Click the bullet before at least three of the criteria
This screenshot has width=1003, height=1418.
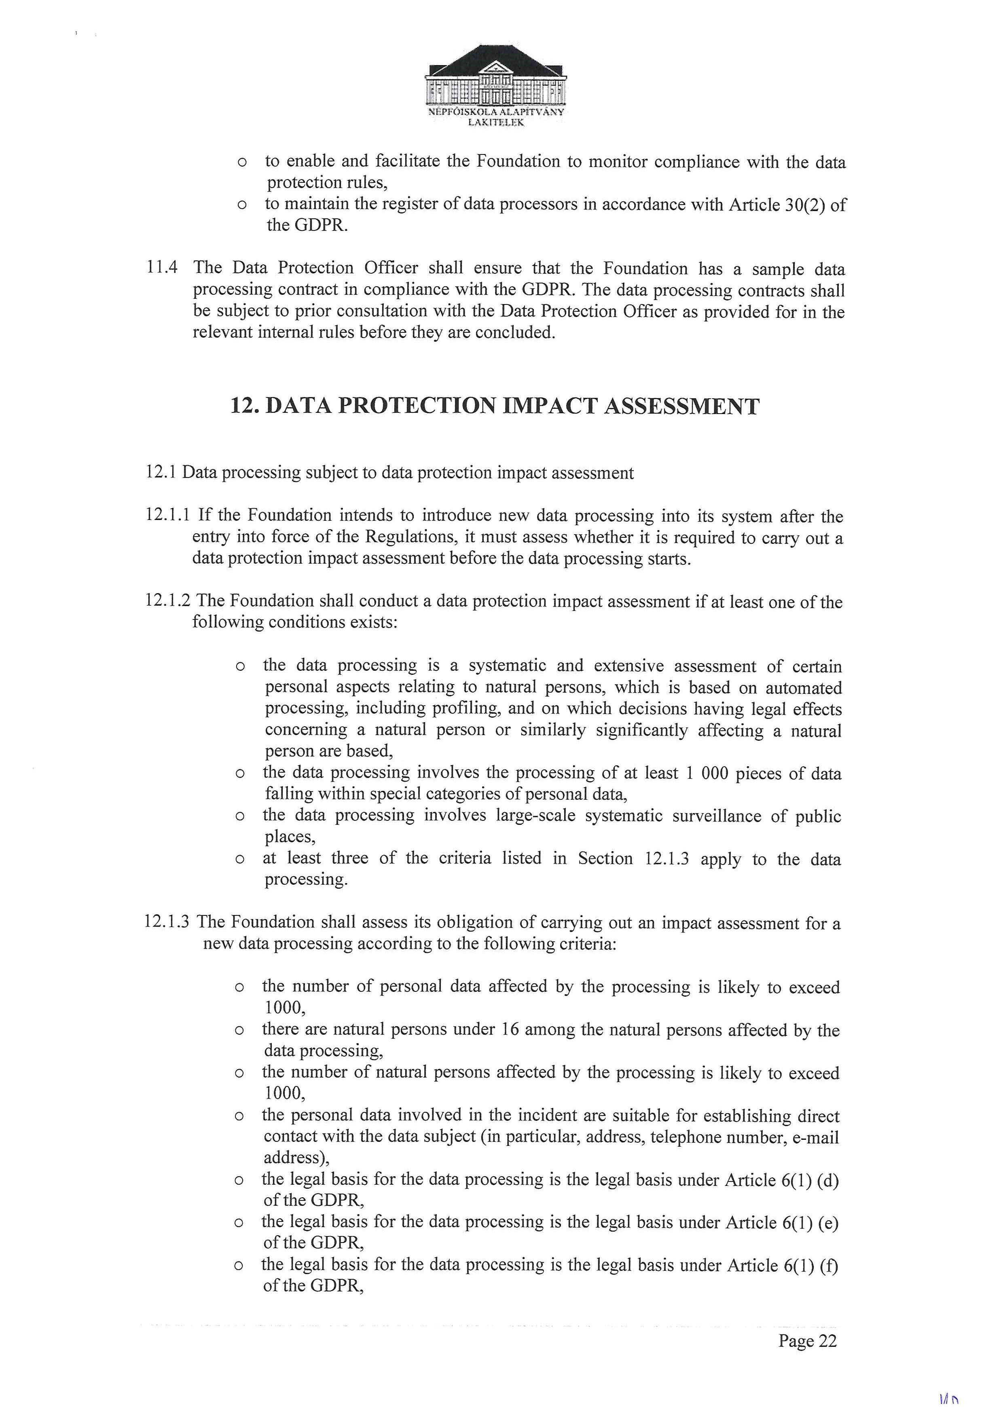(x=240, y=859)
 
